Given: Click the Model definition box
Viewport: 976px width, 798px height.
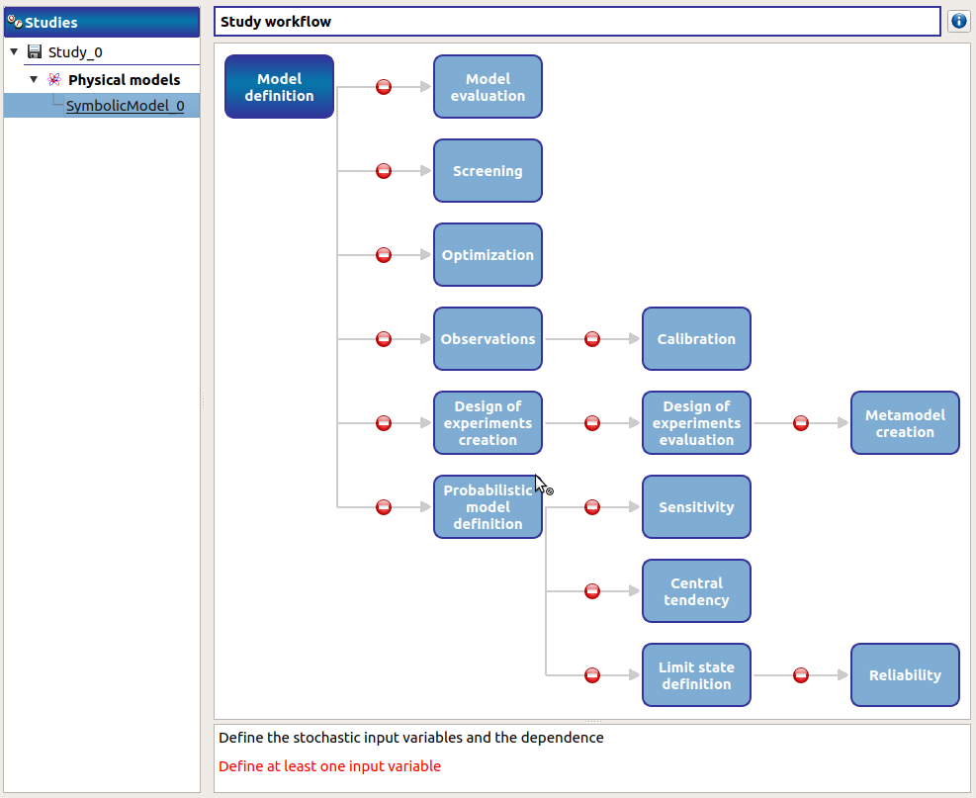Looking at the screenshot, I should coord(279,87).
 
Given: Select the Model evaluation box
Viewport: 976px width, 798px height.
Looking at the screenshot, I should coord(488,87).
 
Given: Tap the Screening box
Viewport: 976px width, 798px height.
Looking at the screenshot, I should coord(488,171).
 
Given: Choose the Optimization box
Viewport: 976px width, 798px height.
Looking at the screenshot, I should coord(488,255).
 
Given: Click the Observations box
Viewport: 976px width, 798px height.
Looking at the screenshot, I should coord(488,339).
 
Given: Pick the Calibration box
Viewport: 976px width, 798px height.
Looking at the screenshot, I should coord(696,339).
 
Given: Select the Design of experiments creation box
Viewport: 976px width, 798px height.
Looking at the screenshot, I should coord(488,423).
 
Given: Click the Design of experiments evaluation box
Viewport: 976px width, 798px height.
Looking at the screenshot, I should coord(696,423).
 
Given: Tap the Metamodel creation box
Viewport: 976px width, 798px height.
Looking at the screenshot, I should coord(905,423).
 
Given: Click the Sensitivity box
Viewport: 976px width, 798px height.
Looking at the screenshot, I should coord(696,507).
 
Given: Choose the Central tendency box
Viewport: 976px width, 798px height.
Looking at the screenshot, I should coord(696,591).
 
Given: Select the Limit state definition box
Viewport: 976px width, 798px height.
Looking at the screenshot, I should coord(696,675).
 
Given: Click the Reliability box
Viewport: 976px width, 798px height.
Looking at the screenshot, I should coord(905,675).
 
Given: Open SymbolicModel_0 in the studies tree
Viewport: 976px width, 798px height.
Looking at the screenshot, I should coord(125,106).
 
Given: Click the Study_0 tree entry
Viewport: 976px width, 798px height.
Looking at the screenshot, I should coord(75,52).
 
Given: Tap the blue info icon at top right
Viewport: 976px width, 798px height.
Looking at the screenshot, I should coord(958,21).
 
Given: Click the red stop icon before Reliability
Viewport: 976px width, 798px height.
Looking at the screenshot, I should coord(801,675).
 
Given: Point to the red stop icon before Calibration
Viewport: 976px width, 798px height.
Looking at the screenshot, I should coord(592,339).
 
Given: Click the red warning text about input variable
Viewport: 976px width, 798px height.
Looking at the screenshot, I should coord(329,766).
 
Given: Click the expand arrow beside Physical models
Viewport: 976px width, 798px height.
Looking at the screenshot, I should coord(34,79).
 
